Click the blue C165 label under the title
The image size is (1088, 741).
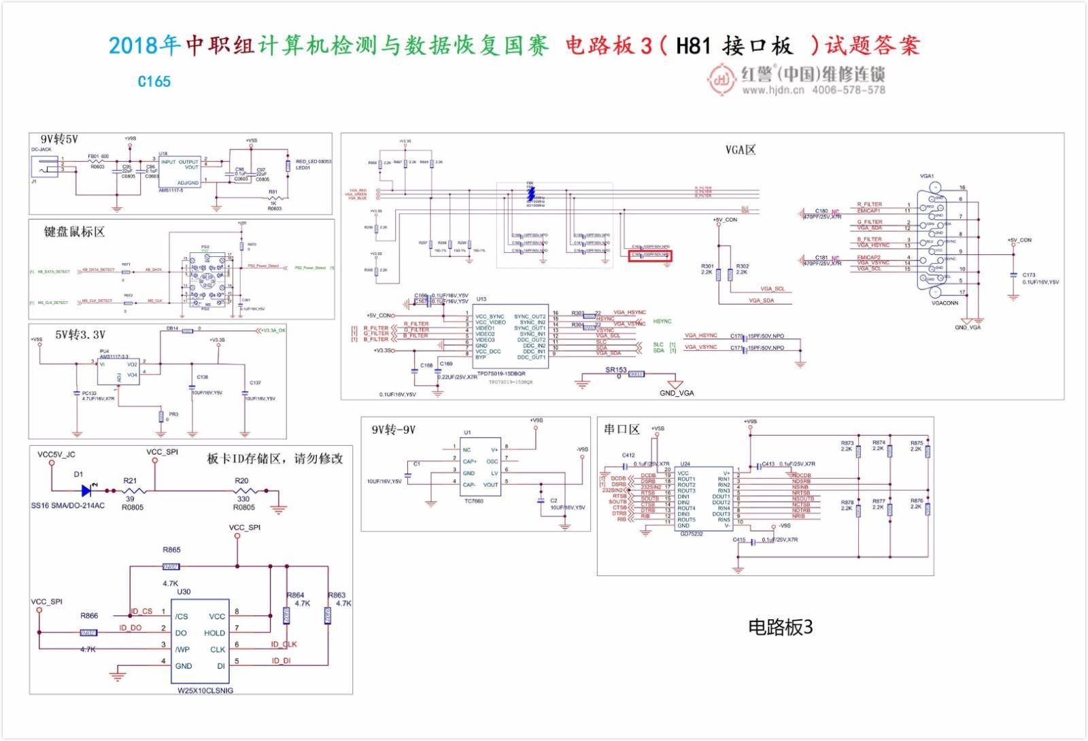click(154, 82)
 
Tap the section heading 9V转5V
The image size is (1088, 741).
click(59, 139)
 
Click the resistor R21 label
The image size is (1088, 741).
click(130, 481)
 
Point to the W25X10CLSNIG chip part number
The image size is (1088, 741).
click(205, 690)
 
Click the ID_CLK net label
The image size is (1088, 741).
click(284, 644)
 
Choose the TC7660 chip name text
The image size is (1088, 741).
click(473, 501)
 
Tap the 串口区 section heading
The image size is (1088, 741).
click(622, 429)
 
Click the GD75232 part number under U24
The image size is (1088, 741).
click(692, 534)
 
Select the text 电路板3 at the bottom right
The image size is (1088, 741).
click(780, 627)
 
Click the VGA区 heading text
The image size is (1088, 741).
click(741, 150)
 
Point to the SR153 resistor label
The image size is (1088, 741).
click(615, 370)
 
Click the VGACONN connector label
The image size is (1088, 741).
click(945, 303)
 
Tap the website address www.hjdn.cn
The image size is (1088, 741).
click(772, 90)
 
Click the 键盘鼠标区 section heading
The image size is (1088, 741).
click(74, 232)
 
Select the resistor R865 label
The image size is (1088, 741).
click(171, 549)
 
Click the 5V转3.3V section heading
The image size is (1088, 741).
click(80, 334)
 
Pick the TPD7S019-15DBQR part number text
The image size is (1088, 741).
click(501, 374)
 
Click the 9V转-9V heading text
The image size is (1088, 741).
click(393, 430)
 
